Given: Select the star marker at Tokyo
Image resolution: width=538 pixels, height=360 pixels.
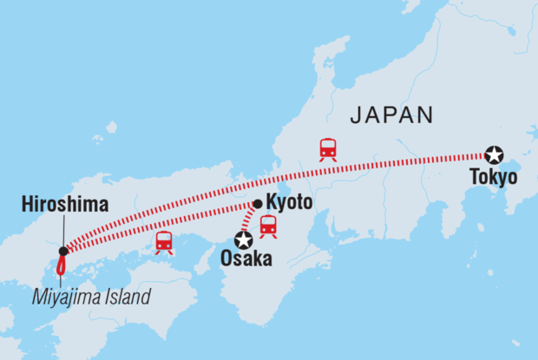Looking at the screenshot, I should (x=494, y=154).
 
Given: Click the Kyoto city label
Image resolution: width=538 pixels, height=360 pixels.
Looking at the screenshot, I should (x=288, y=205).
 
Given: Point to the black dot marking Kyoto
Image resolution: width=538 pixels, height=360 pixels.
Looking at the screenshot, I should (x=257, y=205).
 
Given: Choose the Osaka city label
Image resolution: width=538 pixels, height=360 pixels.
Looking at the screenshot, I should (x=246, y=259).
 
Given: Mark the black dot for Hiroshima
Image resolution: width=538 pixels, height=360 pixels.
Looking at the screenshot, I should (x=63, y=252).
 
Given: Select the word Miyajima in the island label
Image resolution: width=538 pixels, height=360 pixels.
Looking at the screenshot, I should (x=66, y=298).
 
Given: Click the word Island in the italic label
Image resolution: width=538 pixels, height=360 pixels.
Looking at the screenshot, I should (x=127, y=298).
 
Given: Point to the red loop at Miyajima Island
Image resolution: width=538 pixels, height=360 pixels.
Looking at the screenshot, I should (x=62, y=264).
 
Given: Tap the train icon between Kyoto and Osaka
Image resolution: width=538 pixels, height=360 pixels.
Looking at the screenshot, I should (x=268, y=226).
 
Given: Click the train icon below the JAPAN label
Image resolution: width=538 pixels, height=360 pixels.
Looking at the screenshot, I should (x=328, y=148).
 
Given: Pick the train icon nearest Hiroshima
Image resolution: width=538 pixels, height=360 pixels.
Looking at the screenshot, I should (x=164, y=242).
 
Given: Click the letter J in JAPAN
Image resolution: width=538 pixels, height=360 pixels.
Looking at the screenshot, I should (x=353, y=116).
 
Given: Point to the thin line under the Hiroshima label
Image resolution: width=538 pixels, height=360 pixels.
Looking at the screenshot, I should (x=62, y=230).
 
